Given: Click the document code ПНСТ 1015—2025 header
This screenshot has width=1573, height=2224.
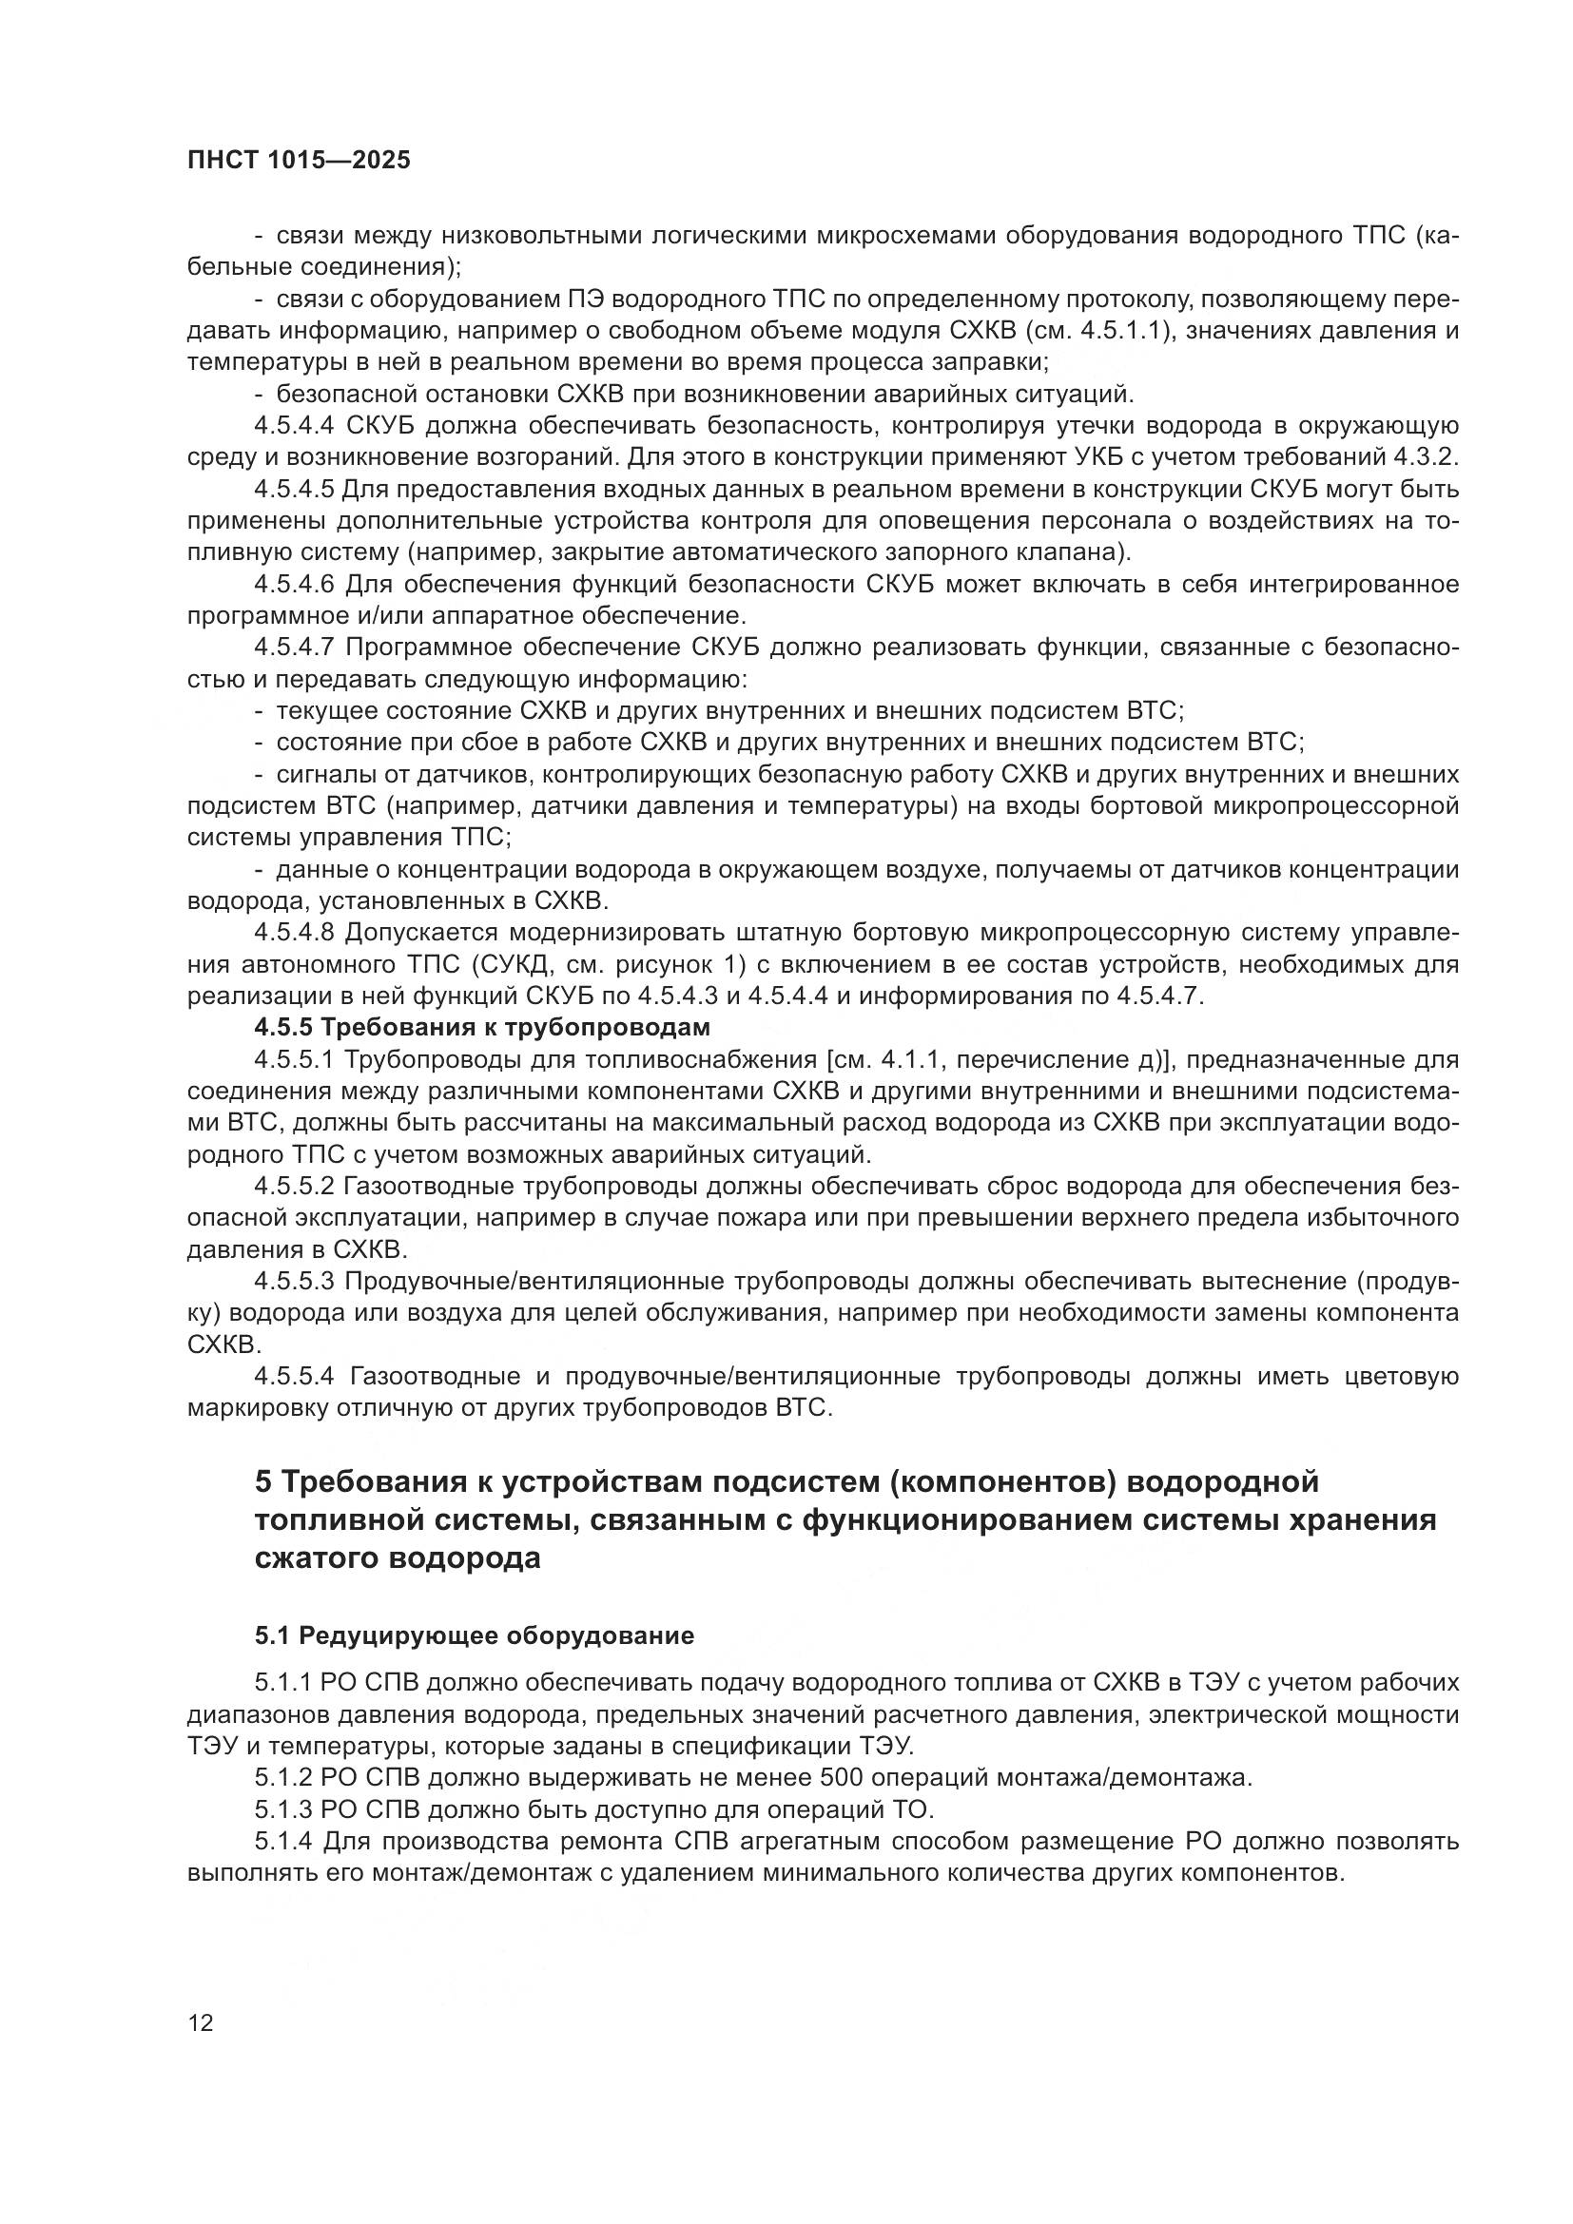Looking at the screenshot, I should click(x=299, y=160).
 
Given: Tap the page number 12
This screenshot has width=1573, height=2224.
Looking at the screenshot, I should click(x=201, y=2022).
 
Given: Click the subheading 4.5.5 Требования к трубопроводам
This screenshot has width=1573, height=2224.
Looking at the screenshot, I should click(x=482, y=1027).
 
